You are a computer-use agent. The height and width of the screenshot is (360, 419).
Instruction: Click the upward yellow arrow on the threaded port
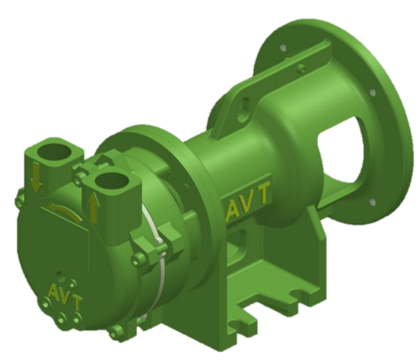click(92, 204)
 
